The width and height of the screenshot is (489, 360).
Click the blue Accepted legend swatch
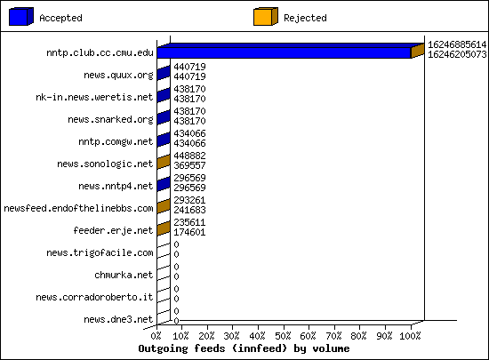click(21, 17)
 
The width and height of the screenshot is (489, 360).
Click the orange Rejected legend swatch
click(266, 17)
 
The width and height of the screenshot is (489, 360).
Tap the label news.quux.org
click(118, 76)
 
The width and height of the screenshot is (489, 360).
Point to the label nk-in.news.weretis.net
click(94, 97)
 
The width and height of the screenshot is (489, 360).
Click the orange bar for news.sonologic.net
click(164, 162)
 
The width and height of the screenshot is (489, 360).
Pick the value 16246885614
click(457, 44)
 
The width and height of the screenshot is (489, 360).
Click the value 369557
click(189, 165)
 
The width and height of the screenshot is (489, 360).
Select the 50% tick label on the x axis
click(283, 336)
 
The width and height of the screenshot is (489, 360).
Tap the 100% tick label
click(410, 336)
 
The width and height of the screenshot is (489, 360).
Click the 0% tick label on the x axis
click(156, 336)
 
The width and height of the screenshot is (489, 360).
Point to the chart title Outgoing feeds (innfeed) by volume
click(244, 348)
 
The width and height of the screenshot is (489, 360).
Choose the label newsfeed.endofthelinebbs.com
click(78, 208)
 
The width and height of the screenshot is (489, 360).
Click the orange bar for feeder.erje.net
click(164, 228)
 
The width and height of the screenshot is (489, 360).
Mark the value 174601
click(189, 232)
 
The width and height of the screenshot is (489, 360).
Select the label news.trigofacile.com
click(100, 252)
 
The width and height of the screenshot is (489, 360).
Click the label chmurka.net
click(124, 275)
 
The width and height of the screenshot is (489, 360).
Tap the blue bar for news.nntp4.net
click(164, 184)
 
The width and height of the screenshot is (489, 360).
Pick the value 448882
click(189, 156)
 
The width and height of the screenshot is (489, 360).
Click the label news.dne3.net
click(118, 319)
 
